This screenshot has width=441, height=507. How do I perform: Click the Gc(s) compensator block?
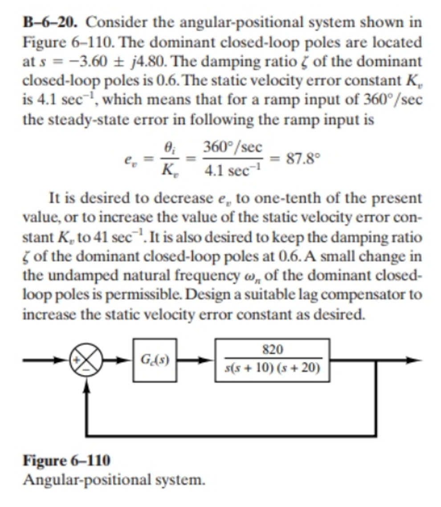155,359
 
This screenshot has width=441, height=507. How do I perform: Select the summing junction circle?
86,359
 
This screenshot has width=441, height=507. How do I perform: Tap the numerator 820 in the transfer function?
272,350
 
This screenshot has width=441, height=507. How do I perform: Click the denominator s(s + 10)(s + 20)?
272,369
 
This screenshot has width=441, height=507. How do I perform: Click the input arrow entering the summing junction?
45,359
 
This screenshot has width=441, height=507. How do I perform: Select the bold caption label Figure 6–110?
67,460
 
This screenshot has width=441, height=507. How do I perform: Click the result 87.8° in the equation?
303,159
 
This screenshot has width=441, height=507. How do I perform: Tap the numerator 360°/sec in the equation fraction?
233,147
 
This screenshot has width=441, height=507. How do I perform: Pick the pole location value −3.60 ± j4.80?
94,62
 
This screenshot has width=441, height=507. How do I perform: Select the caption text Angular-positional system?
114,480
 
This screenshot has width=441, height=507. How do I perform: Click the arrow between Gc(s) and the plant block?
196,359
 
